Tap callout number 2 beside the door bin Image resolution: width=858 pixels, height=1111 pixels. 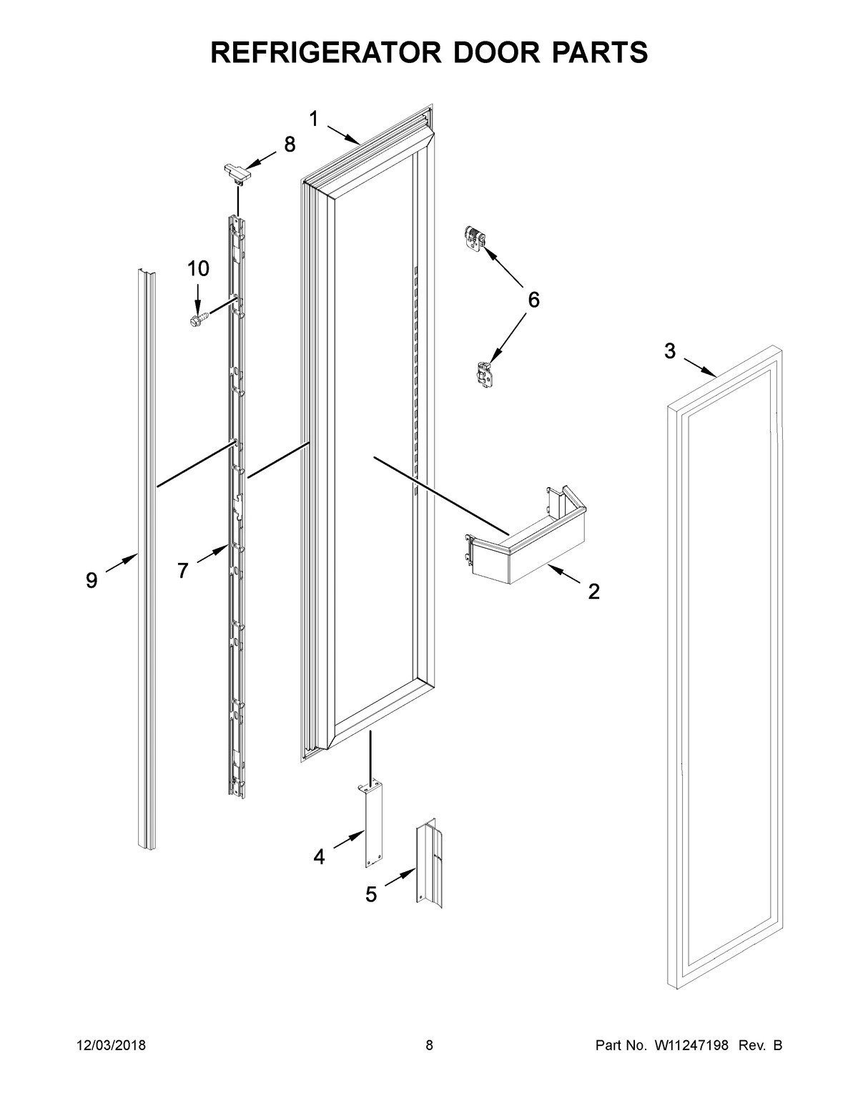pyautogui.click(x=593, y=592)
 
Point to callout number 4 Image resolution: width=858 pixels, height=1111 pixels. pyautogui.click(x=319, y=856)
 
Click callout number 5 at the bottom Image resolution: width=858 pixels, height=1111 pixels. pyautogui.click(x=371, y=894)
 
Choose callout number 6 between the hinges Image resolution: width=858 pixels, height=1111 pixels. pyautogui.click(x=533, y=300)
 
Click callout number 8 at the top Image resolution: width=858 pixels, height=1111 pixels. pyautogui.click(x=289, y=145)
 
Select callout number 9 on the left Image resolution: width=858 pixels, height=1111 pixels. pyautogui.click(x=92, y=581)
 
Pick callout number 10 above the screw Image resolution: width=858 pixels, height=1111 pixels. pyautogui.click(x=198, y=269)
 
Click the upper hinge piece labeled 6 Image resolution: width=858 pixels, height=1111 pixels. pyautogui.click(x=474, y=238)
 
